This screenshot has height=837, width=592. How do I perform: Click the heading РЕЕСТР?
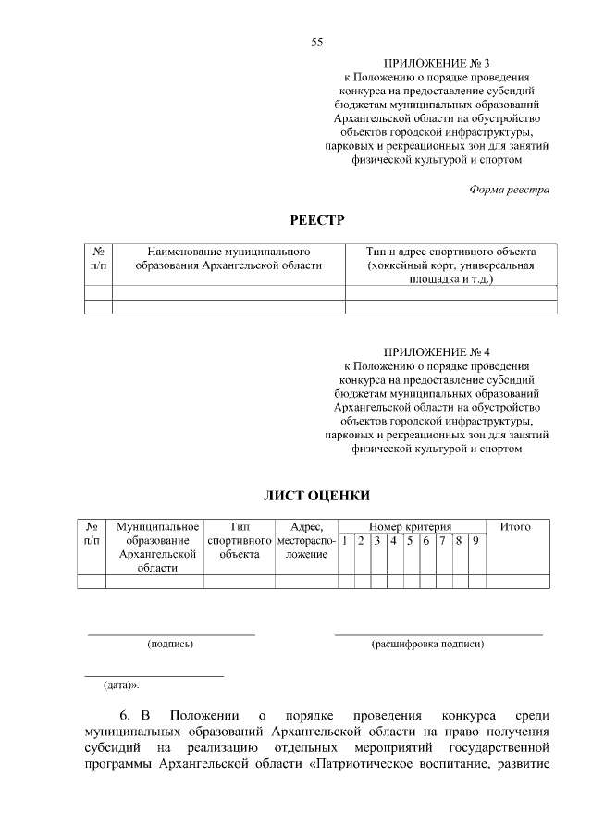pyautogui.click(x=316, y=219)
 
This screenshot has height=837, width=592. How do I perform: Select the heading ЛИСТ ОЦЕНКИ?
pyautogui.click(x=316, y=496)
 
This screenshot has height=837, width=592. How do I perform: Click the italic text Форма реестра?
pyautogui.click(x=509, y=190)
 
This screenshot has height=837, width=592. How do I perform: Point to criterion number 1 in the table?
pyautogui.click(x=344, y=540)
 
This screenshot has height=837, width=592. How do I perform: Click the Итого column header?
pyautogui.click(x=514, y=526)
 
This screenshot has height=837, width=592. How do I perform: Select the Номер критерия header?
pyautogui.click(x=410, y=526)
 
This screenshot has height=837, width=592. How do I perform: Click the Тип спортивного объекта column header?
pyautogui.click(x=239, y=540)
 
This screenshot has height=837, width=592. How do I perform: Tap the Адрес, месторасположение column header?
pyautogui.click(x=305, y=540)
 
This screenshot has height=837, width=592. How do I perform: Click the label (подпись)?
pyautogui.click(x=170, y=644)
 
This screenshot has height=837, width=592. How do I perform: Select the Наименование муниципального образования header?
pyautogui.click(x=228, y=258)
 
